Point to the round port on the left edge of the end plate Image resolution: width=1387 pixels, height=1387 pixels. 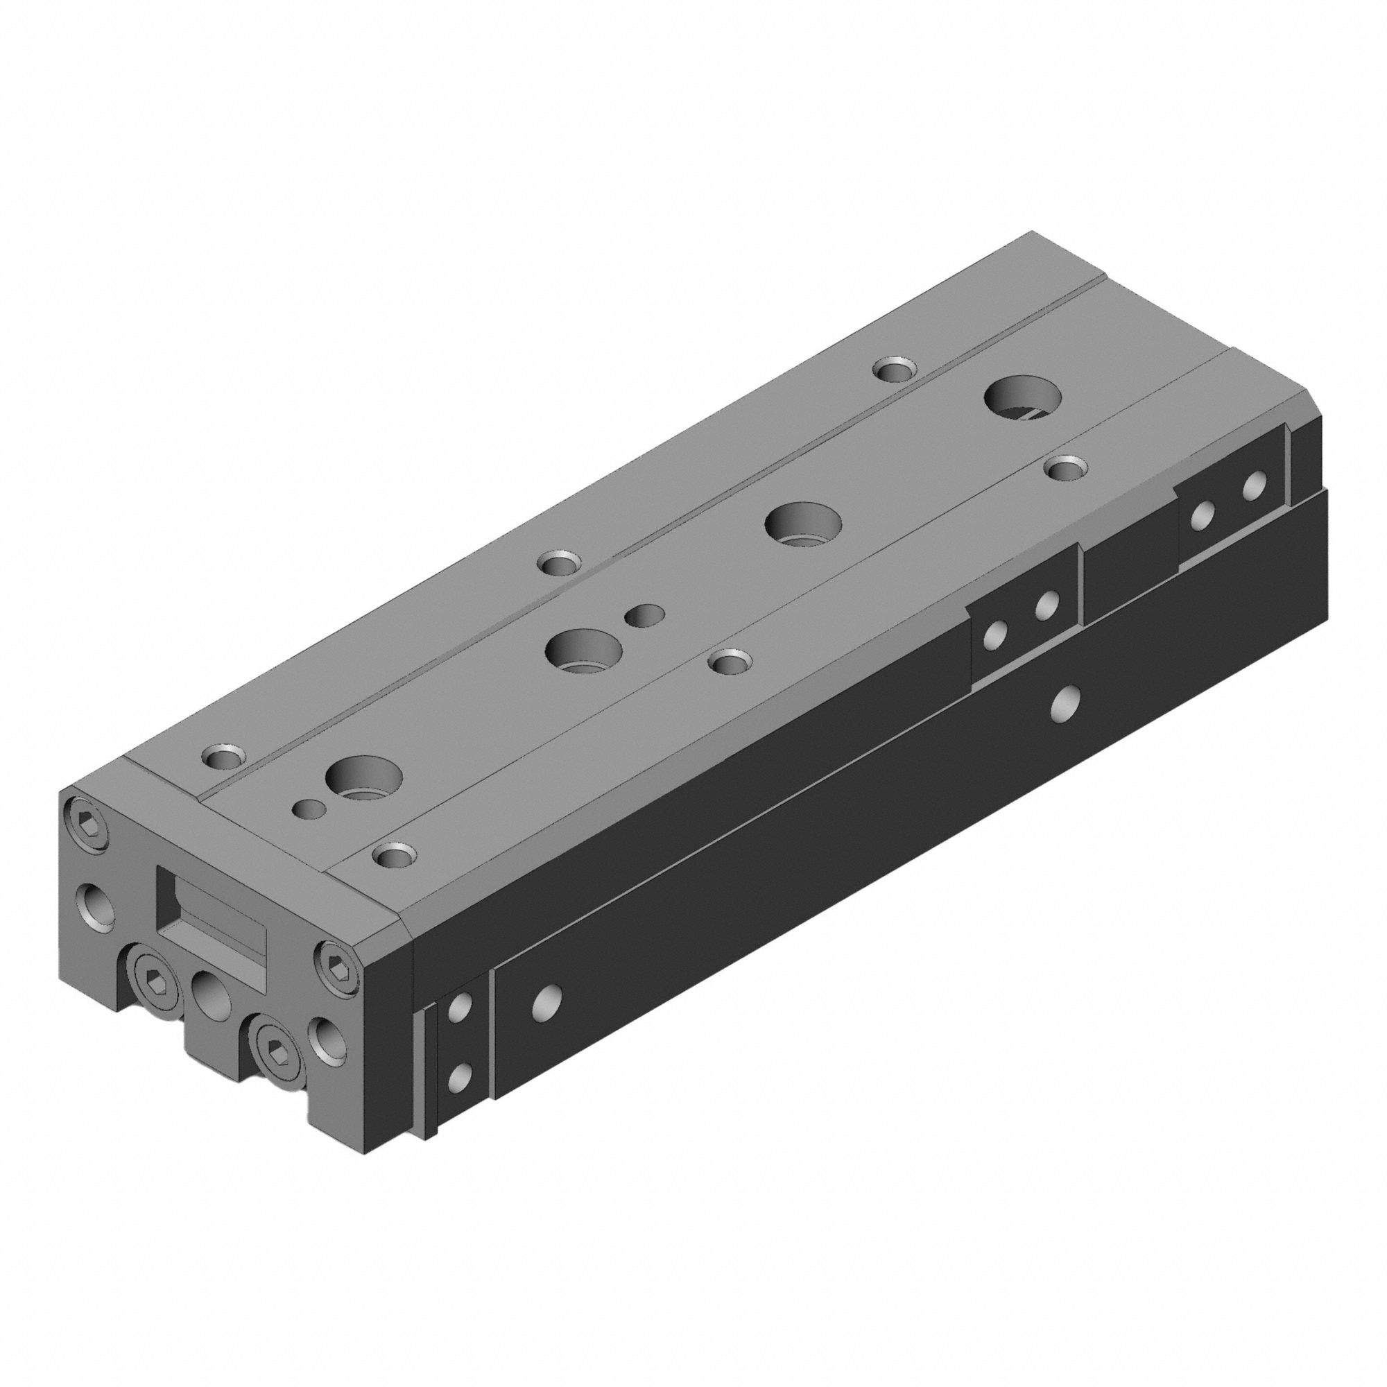[98, 904]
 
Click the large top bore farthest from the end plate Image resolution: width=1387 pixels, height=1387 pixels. [1023, 399]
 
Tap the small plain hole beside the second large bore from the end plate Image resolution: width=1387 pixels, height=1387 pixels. [644, 614]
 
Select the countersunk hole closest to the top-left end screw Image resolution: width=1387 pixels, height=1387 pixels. [224, 756]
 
